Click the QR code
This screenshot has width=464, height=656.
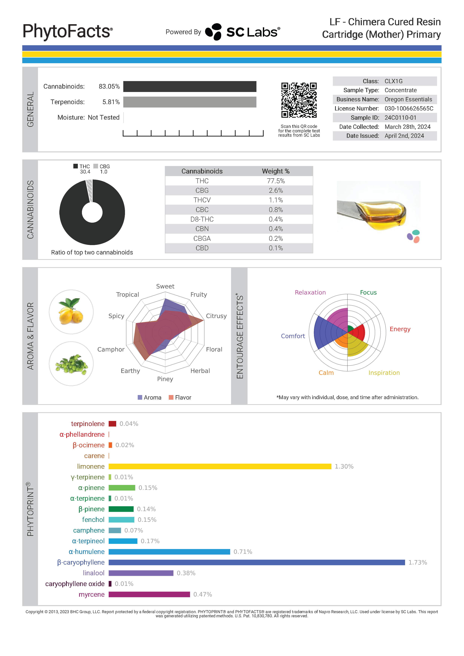tap(299, 100)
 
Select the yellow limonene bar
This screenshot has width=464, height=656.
tap(220, 466)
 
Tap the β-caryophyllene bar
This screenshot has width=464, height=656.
tap(257, 562)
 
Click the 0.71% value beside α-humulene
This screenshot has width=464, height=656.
tap(243, 552)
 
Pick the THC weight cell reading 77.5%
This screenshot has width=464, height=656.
tap(276, 181)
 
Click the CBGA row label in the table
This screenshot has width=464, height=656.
tap(202, 239)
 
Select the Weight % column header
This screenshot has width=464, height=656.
tap(276, 171)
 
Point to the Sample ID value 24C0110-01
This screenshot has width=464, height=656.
tap(400, 118)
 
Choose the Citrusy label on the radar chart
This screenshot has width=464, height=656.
tap(216, 316)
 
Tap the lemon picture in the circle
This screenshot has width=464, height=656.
tap(71, 312)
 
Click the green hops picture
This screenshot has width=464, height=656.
tap(71, 364)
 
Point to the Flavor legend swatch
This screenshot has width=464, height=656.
tap(171, 397)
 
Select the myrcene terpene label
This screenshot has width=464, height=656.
tap(91, 594)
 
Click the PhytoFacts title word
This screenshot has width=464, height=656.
tap(68, 31)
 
